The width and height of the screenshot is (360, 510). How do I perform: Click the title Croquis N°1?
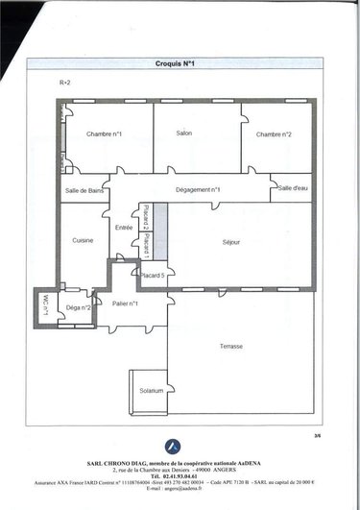pos(175,63)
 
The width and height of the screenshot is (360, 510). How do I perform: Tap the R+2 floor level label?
pos(65,84)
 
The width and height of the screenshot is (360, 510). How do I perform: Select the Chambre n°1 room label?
pos(104,134)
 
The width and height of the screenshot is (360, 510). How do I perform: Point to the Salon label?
pos(185,134)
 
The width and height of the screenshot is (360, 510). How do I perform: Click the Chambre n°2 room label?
pos(274,134)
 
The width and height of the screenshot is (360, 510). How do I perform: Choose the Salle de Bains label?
pos(84,191)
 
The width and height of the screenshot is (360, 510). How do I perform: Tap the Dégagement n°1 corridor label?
pos(198,190)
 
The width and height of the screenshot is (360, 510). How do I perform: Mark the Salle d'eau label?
pos(292,188)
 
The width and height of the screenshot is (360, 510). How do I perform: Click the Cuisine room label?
pos(83,240)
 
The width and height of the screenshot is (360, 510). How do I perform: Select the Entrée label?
pos(124,228)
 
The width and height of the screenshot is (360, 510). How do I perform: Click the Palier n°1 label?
pos(125,304)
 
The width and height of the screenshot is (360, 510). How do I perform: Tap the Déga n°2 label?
pos(79,307)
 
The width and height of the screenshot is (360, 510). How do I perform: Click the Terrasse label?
pos(230,346)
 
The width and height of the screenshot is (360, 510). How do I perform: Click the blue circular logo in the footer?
pos(173,446)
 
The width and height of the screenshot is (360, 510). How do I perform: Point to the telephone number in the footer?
pos(174,475)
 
